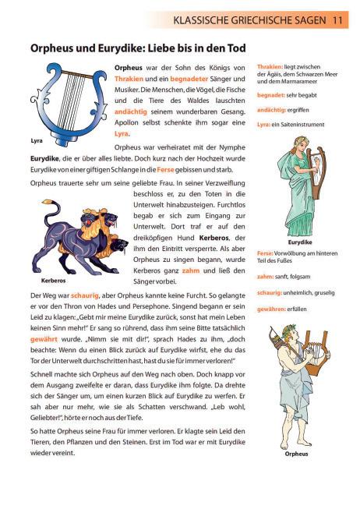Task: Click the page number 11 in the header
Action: coord(337,20)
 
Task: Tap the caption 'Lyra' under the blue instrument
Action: coord(37,140)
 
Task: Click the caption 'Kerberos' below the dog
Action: coord(53,281)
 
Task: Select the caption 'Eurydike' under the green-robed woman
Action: coord(300,242)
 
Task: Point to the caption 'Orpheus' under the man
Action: coord(296,454)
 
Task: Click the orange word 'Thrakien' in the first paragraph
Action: coord(129,79)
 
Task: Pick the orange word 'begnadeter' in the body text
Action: coord(189,80)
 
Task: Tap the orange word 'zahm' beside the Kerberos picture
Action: coord(191,270)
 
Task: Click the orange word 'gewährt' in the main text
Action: coord(44,339)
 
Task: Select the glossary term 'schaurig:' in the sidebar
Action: coord(270,293)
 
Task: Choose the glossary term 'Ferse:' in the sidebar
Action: coord(265,253)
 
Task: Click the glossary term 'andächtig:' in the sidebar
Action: coord(271,110)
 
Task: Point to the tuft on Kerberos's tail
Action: coord(48,202)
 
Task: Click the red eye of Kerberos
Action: coord(87,222)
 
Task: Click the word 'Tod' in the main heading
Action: coord(236,48)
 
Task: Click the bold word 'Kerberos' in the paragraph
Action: coord(214,238)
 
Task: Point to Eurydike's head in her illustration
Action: coord(299,144)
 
